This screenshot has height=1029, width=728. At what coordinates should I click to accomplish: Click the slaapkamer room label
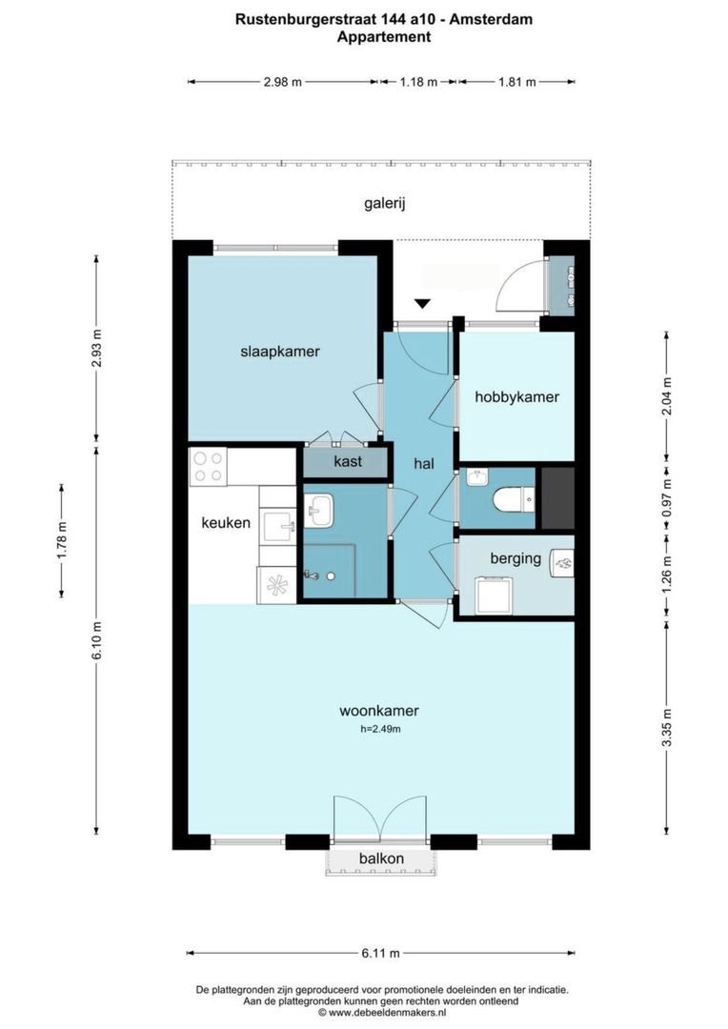(279, 352)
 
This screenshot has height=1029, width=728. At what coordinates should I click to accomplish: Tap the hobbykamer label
(516, 396)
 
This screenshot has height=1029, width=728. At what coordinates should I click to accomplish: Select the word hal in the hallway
(424, 463)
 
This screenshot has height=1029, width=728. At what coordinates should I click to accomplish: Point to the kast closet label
(346, 462)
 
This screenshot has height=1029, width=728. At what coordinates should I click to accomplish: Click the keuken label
(226, 522)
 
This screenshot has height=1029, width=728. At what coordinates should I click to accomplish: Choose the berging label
(516, 558)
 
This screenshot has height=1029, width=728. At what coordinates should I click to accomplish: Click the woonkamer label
(379, 711)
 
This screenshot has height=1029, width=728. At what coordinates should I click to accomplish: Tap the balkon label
(381, 858)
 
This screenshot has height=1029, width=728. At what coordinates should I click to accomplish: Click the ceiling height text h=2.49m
(380, 730)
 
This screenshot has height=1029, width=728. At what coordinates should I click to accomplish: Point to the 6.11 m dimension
(380, 953)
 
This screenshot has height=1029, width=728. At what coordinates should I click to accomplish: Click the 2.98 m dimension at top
(282, 82)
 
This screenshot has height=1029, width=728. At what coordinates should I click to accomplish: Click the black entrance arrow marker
(423, 303)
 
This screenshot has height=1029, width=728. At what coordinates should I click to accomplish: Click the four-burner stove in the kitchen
(209, 466)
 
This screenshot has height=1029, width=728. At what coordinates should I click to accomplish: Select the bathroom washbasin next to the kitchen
(319, 511)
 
